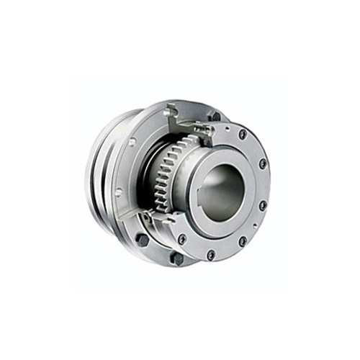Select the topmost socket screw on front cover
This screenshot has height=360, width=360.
click(x=243, y=134)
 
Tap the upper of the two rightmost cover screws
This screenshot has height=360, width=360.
click(x=263, y=163)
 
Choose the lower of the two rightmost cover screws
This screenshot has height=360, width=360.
click(x=262, y=205)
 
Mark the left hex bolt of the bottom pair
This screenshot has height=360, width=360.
click(x=143, y=239)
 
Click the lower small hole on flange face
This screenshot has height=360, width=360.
click(x=118, y=192)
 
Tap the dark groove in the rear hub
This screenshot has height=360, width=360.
click(x=103, y=173)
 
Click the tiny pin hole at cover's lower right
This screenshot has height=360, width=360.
click(x=254, y=225)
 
